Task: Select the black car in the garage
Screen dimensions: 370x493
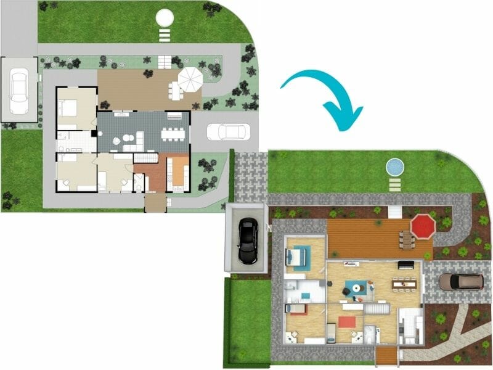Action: (x=247, y=241)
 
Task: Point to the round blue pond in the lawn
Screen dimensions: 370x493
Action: (x=394, y=166)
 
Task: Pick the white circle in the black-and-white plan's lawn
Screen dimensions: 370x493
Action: (x=165, y=18)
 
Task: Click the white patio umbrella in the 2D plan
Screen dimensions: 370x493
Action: (x=190, y=78)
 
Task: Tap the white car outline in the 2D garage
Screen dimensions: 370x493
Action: (x=19, y=89)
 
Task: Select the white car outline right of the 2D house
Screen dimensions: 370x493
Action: (x=228, y=131)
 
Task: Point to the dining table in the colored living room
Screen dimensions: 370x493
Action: (x=404, y=284)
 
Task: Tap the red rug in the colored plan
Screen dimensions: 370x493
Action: (x=346, y=321)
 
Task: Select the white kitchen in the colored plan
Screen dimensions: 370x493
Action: (x=410, y=326)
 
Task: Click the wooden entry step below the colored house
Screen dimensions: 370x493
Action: (x=386, y=356)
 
